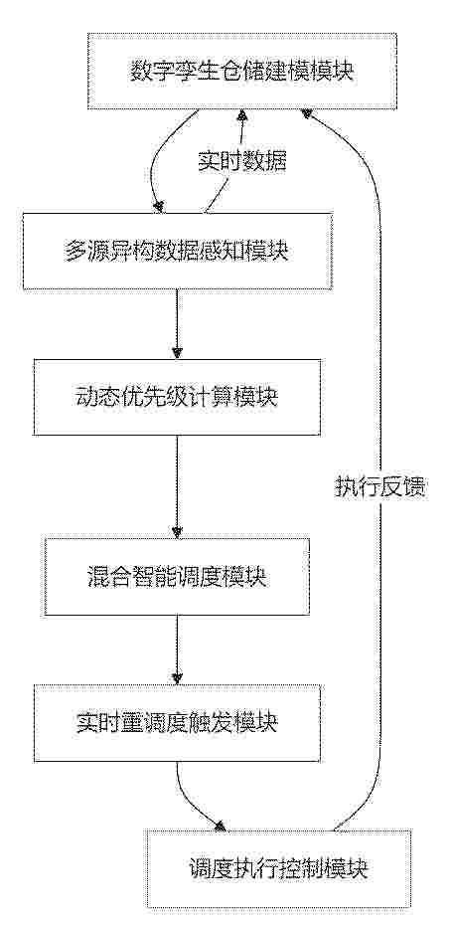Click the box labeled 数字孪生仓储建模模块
point(242,72)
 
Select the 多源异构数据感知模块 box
point(178,252)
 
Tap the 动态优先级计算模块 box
point(178,397)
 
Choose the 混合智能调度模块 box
point(178,576)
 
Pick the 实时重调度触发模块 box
point(178,722)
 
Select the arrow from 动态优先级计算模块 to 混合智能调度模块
point(178,486)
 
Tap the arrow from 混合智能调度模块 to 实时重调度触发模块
point(178,649)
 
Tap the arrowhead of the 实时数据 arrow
point(240,115)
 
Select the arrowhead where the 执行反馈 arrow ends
point(306,115)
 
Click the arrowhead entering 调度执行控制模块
point(221,826)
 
